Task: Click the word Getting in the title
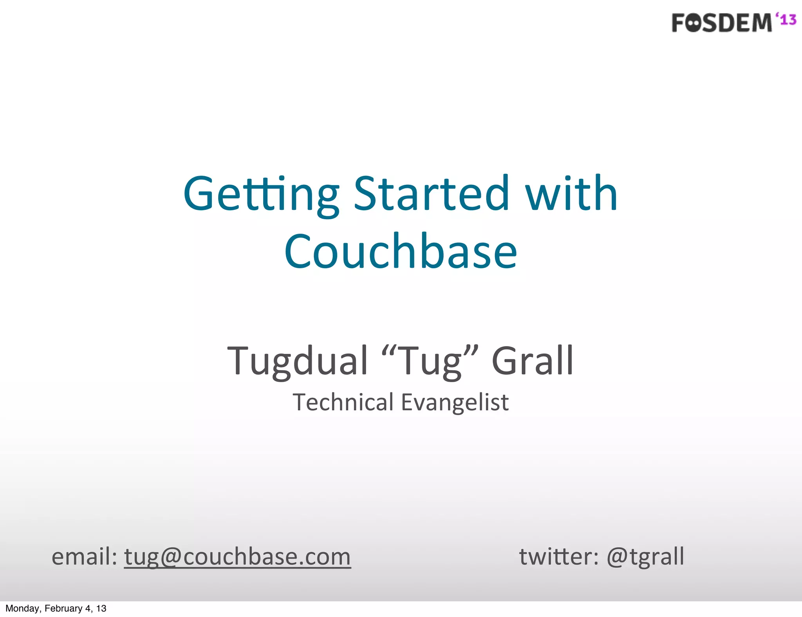click(x=261, y=195)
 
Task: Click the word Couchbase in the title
click(x=401, y=251)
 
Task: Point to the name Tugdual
click(x=298, y=361)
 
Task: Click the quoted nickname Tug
click(x=430, y=361)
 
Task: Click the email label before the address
click(x=84, y=556)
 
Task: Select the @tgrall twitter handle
click(x=645, y=556)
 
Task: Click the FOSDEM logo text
click(x=721, y=23)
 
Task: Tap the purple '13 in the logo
click(x=786, y=19)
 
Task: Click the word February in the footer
click(x=63, y=608)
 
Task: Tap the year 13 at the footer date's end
click(x=101, y=608)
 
